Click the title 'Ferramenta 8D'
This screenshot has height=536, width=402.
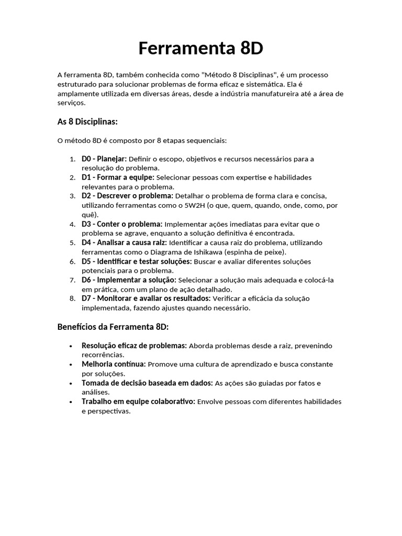tap(200, 48)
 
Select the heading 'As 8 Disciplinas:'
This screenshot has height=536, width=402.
tap(87, 121)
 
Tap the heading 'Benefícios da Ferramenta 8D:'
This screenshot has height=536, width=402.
tap(113, 327)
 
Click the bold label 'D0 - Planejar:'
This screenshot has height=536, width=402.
tap(104, 159)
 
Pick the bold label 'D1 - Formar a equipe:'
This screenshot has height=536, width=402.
tap(118, 177)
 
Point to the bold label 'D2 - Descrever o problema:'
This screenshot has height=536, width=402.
tap(127, 196)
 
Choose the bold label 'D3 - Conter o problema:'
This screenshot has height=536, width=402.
tap(122, 224)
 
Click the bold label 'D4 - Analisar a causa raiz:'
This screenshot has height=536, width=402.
tap(124, 242)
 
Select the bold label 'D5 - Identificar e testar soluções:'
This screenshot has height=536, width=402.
tap(137, 261)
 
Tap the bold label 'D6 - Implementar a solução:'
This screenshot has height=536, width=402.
tap(129, 280)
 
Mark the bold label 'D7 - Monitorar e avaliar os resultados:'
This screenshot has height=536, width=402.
tap(146, 298)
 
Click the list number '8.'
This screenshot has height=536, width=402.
tap(72, 298)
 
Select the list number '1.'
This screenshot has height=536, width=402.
tap(72, 159)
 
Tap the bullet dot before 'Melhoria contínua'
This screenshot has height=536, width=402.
tap(71, 364)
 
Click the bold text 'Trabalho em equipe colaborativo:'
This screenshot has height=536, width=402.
tap(138, 401)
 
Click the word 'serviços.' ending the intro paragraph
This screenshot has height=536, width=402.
tap(71, 103)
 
